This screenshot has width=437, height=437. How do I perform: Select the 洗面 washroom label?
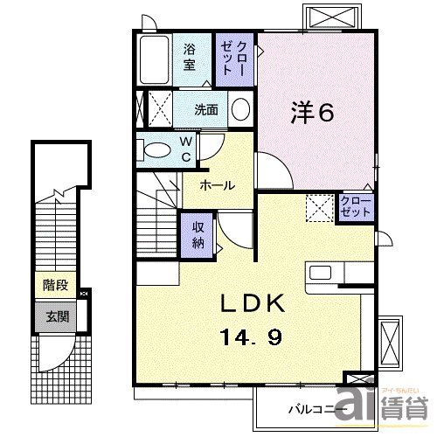(x=206, y=110)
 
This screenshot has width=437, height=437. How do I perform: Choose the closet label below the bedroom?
(x=356, y=207)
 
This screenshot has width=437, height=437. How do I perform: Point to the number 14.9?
(x=250, y=335)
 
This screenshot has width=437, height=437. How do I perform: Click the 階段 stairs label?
(x=54, y=285)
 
